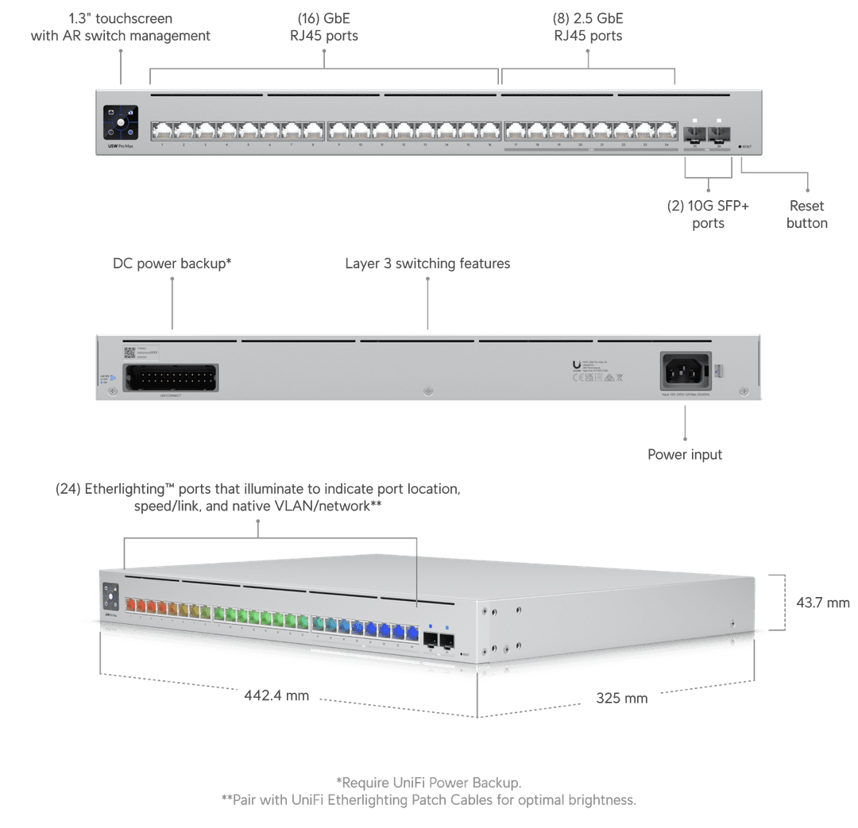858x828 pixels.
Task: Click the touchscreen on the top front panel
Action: (120, 123)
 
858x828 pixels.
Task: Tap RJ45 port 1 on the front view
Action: (161, 130)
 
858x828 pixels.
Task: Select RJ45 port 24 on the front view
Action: (666, 130)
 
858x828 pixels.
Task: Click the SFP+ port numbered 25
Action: (694, 131)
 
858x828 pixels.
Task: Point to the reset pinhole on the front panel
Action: (740, 147)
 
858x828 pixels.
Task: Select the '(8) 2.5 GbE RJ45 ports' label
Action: (588, 26)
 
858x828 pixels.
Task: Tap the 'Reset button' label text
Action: (807, 214)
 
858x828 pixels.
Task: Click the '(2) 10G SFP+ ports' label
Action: (708, 214)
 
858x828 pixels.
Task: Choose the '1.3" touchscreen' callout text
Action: (121, 26)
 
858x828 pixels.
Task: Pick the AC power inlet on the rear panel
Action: (686, 371)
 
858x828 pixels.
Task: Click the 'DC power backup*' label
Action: (172, 263)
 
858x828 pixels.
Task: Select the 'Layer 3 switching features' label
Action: (427, 263)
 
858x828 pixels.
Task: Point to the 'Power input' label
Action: (685, 455)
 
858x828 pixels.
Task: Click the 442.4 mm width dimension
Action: (276, 695)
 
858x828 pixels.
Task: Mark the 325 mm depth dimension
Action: (622, 698)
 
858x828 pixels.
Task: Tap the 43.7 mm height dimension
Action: (822, 603)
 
